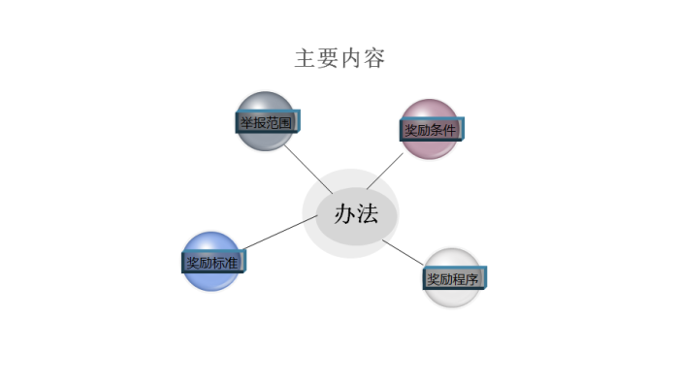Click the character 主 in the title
click(306, 58)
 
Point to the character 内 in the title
click(352, 58)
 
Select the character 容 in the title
click(375, 58)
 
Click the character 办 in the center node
click(345, 214)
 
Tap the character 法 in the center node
click(370, 214)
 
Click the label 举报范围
click(266, 123)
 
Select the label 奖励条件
click(430, 130)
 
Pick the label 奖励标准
click(212, 262)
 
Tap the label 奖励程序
click(453, 280)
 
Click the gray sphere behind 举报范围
click(264, 105)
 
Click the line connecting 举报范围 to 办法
click(308, 165)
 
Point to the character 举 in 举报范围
click(246, 123)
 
